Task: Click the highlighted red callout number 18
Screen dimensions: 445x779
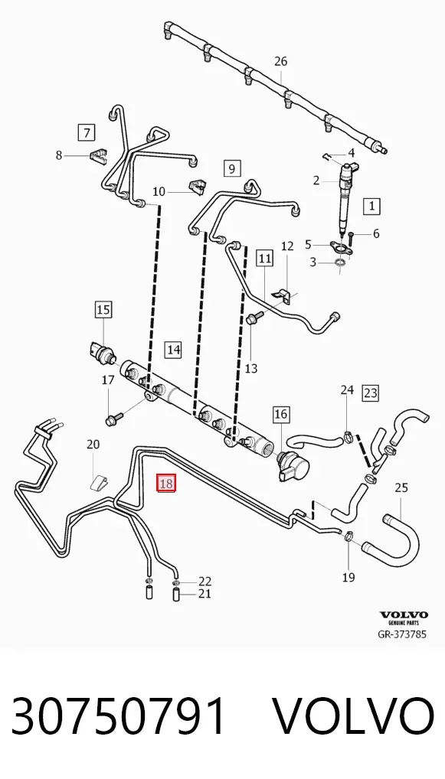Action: [166, 483]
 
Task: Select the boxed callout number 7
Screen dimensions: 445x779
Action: [87, 132]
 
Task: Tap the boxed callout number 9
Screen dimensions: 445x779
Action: [232, 168]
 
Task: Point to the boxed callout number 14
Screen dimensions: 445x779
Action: [173, 349]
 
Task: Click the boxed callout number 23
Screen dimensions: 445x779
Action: [371, 393]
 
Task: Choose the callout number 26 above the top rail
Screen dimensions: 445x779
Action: [281, 62]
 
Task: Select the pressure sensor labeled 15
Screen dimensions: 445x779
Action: [104, 350]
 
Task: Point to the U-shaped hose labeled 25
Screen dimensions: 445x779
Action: [402, 539]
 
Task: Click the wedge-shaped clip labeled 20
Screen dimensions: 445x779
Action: [100, 482]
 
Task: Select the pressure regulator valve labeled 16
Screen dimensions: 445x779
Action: [293, 465]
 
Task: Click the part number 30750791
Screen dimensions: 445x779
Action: [119, 716]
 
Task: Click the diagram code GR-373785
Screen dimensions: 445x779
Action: [402, 634]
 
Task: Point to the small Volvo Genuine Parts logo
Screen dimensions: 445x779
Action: [404, 618]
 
